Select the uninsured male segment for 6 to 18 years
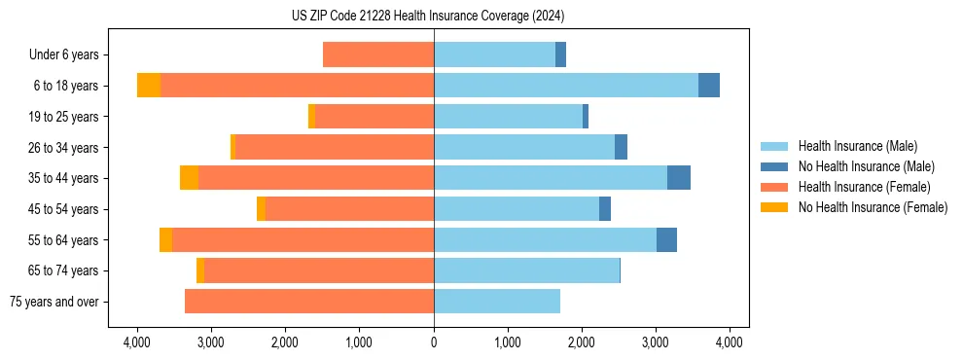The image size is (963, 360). [x=709, y=86]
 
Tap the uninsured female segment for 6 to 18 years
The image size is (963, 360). [x=149, y=86]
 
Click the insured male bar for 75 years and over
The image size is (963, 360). [x=497, y=302]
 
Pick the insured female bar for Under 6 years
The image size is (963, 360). [x=378, y=54]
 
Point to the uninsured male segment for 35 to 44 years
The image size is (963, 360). [x=679, y=178]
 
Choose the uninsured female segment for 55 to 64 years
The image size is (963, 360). [x=166, y=240]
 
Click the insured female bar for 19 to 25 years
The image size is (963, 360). [x=374, y=117]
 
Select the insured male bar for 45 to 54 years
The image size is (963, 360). [x=517, y=209]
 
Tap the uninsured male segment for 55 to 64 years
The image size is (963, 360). [x=667, y=240]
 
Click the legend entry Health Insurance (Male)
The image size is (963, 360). [x=858, y=146]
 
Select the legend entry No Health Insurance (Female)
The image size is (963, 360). [x=873, y=207]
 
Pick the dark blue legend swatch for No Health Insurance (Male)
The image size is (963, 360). [x=774, y=166]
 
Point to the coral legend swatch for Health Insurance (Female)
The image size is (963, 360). [x=774, y=187]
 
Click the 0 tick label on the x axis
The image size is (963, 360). [x=434, y=342]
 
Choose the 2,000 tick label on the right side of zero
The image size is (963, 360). [x=582, y=342]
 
